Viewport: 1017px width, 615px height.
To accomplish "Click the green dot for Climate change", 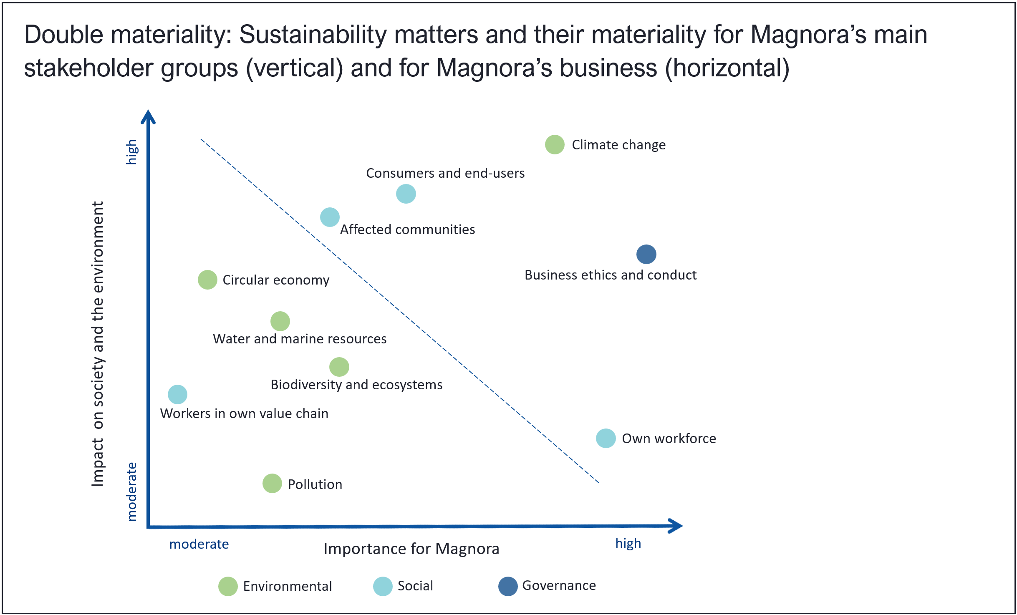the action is [x=555, y=145].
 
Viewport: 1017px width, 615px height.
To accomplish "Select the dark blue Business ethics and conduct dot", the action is [x=646, y=254].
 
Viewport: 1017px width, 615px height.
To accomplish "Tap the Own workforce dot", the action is [x=606, y=438].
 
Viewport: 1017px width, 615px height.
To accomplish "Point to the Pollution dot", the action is [x=272, y=484].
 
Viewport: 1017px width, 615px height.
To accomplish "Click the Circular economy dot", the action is [x=207, y=280].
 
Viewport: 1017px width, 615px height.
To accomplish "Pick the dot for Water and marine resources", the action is [x=280, y=321].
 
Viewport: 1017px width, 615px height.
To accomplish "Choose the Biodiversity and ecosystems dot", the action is [x=339, y=367].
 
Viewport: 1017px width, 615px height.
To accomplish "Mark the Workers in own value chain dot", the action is [x=177, y=394].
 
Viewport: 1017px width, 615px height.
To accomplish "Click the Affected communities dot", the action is [x=330, y=217].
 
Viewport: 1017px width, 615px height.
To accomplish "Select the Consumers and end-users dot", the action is [x=406, y=194].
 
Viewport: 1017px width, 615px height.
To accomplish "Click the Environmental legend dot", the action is [x=228, y=586].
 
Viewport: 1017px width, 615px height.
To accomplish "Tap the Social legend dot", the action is [x=383, y=586].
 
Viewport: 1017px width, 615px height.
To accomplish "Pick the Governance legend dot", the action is [x=508, y=586].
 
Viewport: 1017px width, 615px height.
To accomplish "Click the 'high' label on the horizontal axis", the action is [x=628, y=544].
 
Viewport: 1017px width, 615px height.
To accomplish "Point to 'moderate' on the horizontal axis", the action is [x=199, y=544].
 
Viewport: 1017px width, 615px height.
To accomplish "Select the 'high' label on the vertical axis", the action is [x=132, y=152].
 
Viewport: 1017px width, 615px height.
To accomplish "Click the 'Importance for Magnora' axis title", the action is [x=411, y=549].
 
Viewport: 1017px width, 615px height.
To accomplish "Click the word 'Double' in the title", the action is [x=64, y=34].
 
